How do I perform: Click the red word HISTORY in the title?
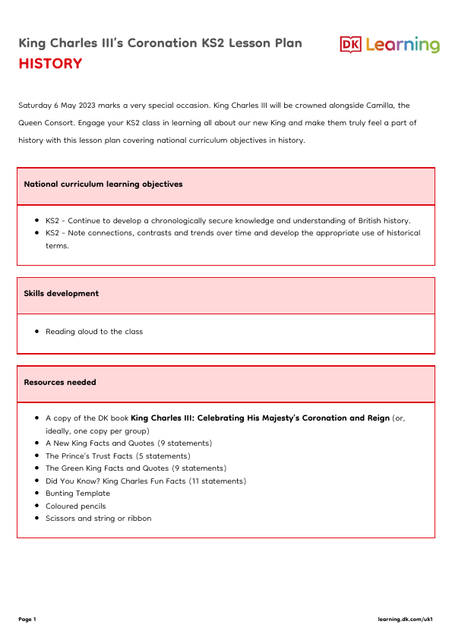coord(50,64)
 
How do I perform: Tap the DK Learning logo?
coord(389,45)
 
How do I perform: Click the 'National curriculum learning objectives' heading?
coord(103,184)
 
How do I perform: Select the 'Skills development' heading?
coord(62,294)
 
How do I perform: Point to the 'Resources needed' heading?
coord(60,383)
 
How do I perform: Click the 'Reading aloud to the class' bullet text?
coord(94,332)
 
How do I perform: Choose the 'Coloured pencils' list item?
coord(76,506)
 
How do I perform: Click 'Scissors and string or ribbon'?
coord(98,519)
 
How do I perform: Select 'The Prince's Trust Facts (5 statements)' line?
coord(118,456)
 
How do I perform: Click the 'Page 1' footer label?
coord(27,620)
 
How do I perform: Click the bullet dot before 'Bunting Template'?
coord(37,493)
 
